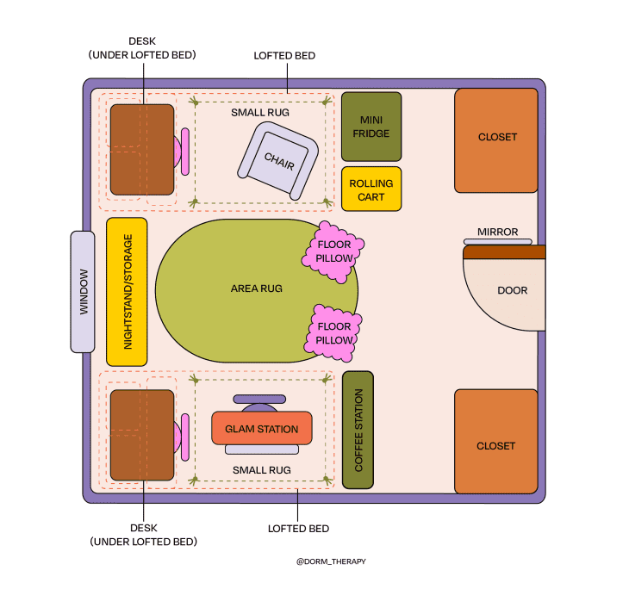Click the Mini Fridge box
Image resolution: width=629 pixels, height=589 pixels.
pyautogui.click(x=371, y=127)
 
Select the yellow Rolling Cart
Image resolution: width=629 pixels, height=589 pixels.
pyautogui.click(x=371, y=189)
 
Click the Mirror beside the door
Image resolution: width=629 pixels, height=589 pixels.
pyautogui.click(x=498, y=242)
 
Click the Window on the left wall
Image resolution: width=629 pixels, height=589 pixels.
pyautogui.click(x=83, y=292)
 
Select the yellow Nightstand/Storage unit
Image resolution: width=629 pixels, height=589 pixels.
pyautogui.click(x=127, y=292)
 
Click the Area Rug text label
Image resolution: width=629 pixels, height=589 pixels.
pyautogui.click(x=257, y=288)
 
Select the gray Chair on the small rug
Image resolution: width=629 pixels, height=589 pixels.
pyautogui.click(x=278, y=160)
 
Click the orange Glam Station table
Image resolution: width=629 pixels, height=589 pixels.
pyautogui.click(x=262, y=428)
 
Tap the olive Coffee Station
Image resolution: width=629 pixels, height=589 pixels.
pyautogui.click(x=358, y=430)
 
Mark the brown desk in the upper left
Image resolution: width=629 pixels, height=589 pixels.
pyautogui.click(x=141, y=150)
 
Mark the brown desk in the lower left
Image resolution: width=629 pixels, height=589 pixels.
pyautogui.click(x=141, y=435)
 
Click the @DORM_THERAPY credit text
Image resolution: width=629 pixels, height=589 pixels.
pyautogui.click(x=331, y=561)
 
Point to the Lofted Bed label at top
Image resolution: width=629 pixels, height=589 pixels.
pyautogui.click(x=284, y=55)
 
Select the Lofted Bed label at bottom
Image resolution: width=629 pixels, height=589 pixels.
pyautogui.click(x=298, y=528)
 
